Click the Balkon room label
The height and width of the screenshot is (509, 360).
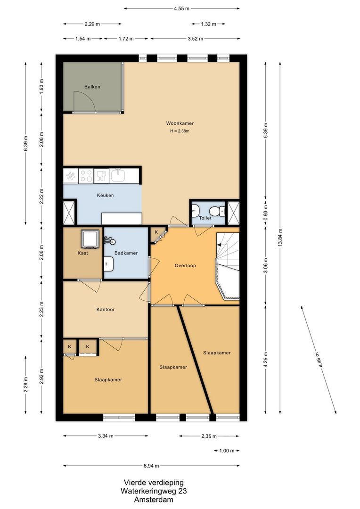92,87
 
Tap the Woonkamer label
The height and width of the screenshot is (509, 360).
180,123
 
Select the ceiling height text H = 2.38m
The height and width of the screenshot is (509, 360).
180,131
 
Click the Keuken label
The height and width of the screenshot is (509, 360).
105,195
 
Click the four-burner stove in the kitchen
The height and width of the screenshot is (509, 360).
86,176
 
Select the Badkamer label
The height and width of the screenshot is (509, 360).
126,253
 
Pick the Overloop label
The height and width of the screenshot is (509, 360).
185,265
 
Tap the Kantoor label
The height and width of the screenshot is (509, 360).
106,309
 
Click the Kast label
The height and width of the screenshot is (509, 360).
83,253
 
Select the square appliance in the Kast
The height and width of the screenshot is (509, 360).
90,238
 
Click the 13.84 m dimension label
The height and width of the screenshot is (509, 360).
280,238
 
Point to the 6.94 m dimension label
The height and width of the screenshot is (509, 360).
151,466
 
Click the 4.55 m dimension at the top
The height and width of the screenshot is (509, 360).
181,8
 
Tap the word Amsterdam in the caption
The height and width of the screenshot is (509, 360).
154,500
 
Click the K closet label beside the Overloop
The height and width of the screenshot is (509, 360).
156,232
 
